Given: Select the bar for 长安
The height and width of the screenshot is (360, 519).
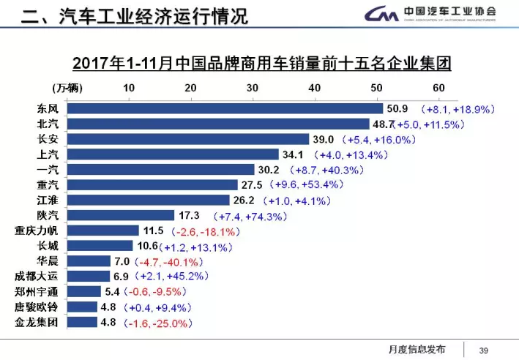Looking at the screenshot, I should (188, 139).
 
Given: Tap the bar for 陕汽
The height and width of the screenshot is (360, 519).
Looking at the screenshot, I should (121, 215).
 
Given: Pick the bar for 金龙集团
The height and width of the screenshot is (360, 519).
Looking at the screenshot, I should (82, 322).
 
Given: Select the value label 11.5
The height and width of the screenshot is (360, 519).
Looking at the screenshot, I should (152, 230).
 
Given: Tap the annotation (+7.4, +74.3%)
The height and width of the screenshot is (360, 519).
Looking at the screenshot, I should (250, 216).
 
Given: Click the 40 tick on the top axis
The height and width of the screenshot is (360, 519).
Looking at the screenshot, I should (315, 89).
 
